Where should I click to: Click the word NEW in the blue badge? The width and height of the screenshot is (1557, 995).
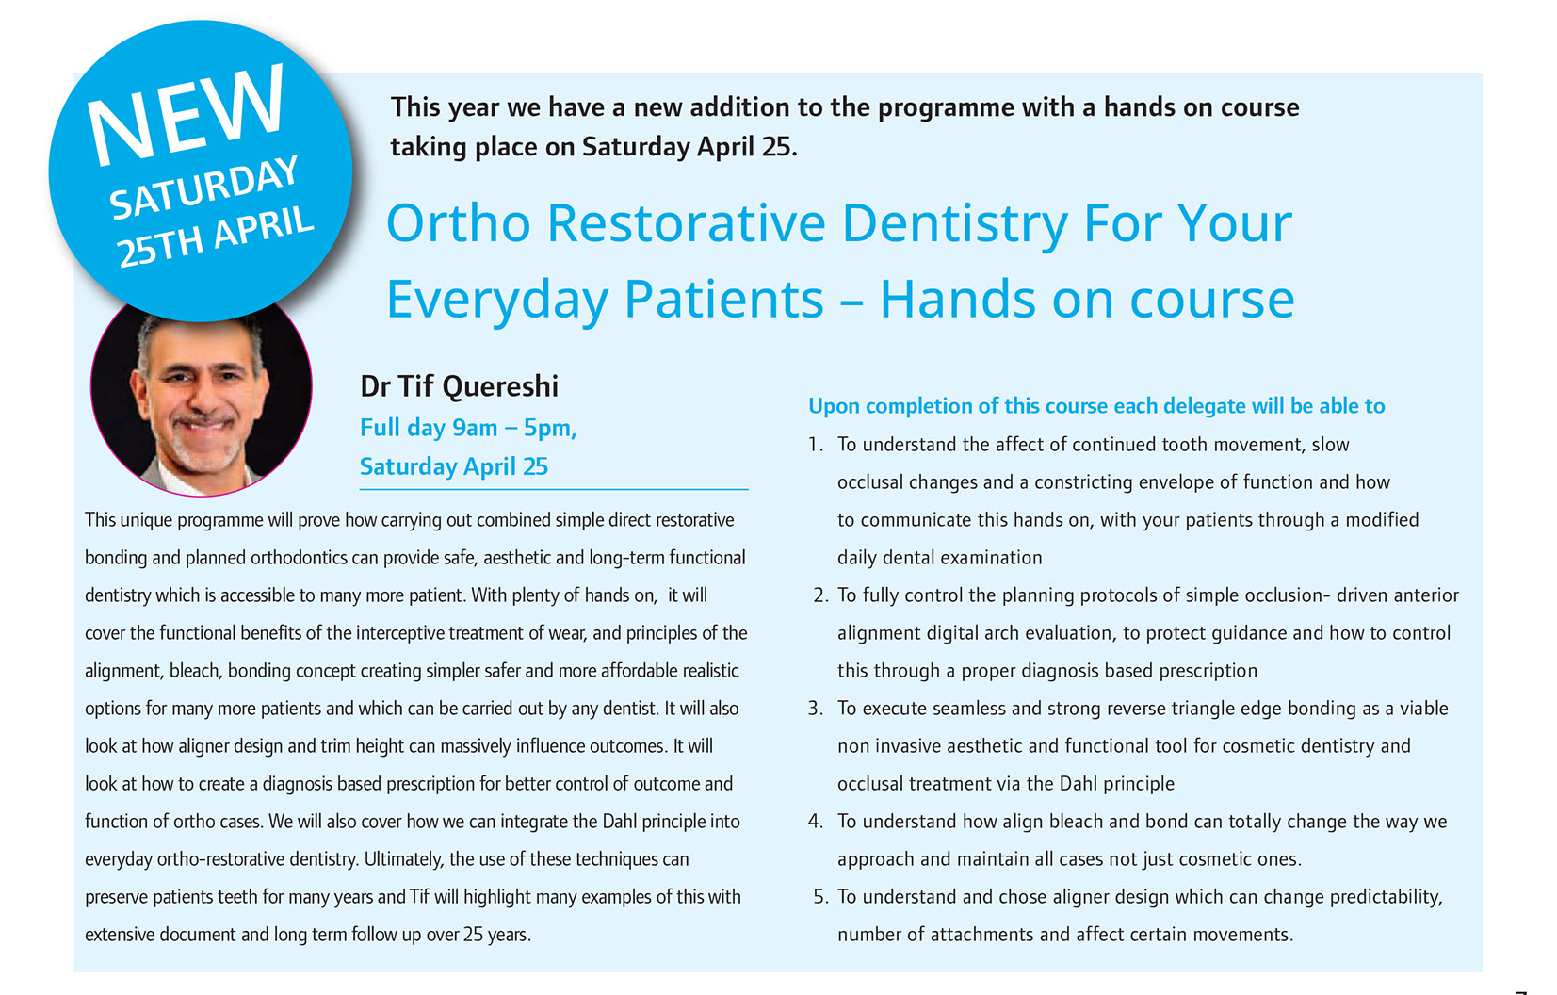(x=186, y=113)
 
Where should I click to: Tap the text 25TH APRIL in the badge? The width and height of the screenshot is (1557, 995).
(x=215, y=237)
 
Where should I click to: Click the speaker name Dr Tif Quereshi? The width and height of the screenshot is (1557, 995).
(x=459, y=386)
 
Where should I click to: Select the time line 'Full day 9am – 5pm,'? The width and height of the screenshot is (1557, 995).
(x=468, y=429)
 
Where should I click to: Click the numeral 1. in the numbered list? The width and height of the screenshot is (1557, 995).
(x=816, y=445)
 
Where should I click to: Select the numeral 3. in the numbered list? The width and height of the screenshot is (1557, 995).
(x=816, y=709)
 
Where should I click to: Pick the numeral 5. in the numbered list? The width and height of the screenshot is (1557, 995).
(x=821, y=897)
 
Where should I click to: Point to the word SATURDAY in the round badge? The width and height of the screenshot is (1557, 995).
(x=203, y=187)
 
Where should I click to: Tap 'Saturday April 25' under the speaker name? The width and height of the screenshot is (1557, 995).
(x=454, y=466)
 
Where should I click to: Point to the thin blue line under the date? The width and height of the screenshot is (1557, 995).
(x=554, y=490)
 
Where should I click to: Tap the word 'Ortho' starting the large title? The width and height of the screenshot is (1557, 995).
(x=459, y=224)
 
